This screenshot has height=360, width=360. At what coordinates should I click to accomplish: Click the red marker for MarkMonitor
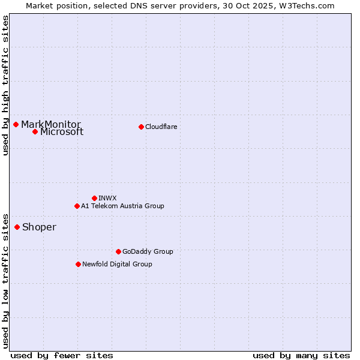(x=16, y=124)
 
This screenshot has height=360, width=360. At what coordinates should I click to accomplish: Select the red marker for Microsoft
(x=35, y=131)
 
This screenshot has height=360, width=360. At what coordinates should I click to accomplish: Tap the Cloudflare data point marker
(x=141, y=127)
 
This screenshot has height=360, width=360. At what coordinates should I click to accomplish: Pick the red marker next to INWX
(x=94, y=198)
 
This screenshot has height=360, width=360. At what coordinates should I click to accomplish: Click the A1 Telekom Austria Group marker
(x=77, y=206)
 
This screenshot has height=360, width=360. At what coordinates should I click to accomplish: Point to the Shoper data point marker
(x=17, y=227)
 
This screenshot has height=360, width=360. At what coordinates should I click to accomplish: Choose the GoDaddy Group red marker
(x=118, y=251)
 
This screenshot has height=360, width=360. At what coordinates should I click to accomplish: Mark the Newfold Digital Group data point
(x=78, y=264)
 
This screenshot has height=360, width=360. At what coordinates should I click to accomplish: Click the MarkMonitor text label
(x=51, y=124)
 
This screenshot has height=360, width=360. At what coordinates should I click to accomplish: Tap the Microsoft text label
(x=62, y=132)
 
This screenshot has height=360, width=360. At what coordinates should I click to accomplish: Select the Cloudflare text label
(x=161, y=127)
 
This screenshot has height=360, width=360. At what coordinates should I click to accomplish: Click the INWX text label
(x=107, y=198)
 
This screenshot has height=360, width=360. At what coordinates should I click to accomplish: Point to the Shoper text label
(x=39, y=227)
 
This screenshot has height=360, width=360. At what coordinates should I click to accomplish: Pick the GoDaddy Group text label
(x=148, y=251)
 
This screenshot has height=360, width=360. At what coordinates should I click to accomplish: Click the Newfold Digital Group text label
(x=117, y=264)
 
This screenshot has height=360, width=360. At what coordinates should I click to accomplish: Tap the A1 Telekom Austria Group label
(x=122, y=206)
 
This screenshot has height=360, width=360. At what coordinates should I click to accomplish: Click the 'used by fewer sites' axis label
(x=62, y=355)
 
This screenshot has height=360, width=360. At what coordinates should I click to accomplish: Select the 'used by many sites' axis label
(x=301, y=355)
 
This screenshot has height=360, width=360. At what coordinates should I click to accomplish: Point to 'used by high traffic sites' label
(x=5, y=86)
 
